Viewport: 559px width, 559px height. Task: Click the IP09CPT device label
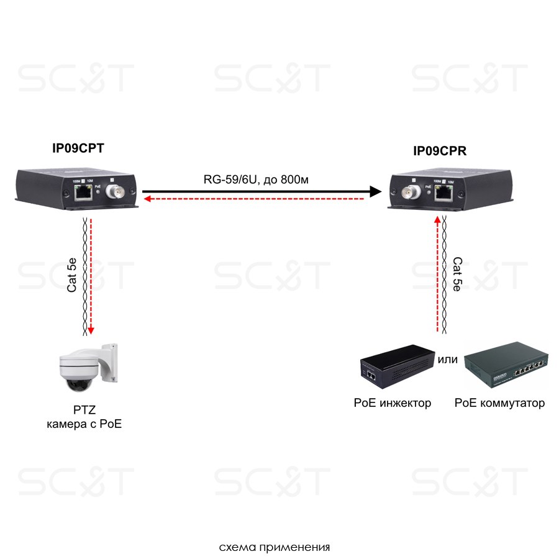78,148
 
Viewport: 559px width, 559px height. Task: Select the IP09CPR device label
440,151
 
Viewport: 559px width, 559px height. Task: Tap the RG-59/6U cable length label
257,180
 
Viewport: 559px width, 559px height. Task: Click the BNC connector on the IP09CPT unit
116,192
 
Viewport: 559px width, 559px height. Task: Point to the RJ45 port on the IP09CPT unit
82,193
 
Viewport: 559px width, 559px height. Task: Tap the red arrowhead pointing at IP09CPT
147,199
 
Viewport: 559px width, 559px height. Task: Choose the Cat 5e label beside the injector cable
457,274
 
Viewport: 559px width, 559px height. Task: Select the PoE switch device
506,369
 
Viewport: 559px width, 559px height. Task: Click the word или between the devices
448,359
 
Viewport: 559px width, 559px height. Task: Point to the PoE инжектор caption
392,403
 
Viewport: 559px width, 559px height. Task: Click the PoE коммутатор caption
499,403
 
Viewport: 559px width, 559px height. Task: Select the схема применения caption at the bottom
275,548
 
